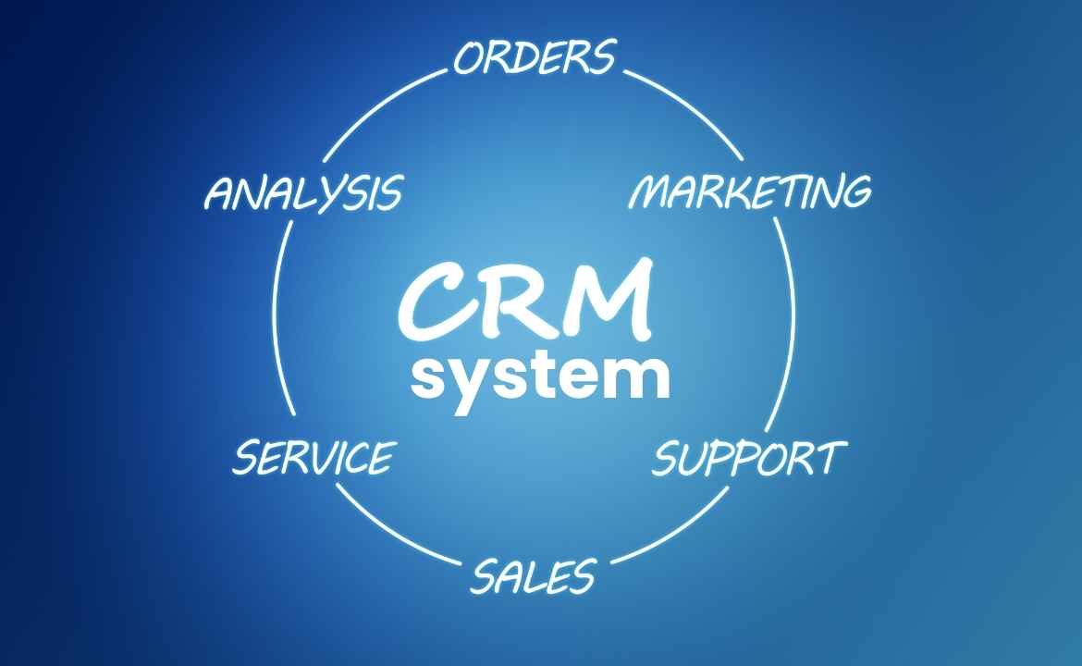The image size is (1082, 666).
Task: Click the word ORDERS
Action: click(x=535, y=57)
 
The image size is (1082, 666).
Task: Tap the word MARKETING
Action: click(x=750, y=191)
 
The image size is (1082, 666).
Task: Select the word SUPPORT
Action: click(x=749, y=459)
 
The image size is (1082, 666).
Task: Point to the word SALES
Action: click(x=532, y=577)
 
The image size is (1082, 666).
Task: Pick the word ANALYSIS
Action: click(x=303, y=193)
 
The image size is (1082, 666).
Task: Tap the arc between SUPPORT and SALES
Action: click(x=675, y=532)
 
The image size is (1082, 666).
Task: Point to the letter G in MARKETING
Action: click(x=852, y=191)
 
